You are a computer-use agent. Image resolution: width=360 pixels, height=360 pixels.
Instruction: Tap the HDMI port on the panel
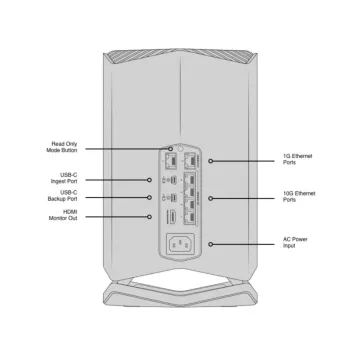(x=172, y=217)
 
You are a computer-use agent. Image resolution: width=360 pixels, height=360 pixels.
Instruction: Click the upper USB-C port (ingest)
(x=172, y=180)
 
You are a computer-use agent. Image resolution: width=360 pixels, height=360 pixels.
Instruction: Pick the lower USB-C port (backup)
(x=172, y=198)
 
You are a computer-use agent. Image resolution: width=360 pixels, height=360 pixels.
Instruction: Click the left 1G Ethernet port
(x=171, y=159)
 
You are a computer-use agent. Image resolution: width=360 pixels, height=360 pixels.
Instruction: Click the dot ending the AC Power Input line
(x=210, y=243)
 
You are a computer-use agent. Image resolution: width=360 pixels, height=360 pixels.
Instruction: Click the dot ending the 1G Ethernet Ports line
(x=210, y=160)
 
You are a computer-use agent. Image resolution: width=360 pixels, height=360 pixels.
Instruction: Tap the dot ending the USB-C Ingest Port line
(x=151, y=180)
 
